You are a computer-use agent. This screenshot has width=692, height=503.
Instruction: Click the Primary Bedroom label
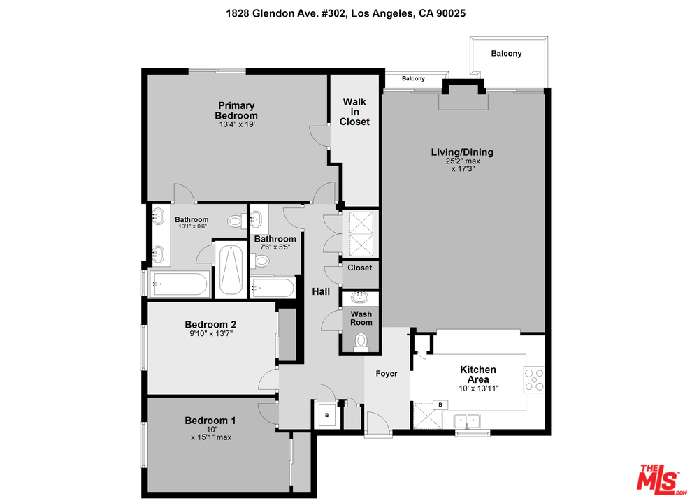236,111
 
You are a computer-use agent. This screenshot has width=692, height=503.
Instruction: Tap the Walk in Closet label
354,112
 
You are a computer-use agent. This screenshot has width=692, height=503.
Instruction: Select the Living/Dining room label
462,152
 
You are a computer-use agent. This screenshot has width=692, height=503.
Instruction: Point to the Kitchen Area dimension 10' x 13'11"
478,388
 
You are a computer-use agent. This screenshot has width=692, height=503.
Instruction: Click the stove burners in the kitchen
534,379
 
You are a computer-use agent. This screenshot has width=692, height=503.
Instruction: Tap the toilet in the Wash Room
361,342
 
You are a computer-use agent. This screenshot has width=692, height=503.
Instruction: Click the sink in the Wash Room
360,297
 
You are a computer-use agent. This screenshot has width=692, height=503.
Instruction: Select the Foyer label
386,374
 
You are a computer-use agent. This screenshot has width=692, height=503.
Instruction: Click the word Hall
321,291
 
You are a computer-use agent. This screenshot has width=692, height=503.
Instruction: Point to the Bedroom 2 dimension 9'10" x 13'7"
211,333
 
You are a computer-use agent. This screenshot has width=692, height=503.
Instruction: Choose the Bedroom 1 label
210,421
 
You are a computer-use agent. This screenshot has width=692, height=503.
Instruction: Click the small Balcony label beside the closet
413,78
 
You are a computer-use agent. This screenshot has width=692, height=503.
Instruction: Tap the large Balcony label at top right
506,53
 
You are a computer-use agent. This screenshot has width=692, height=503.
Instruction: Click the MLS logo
661,479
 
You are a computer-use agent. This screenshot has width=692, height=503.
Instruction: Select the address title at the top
345,13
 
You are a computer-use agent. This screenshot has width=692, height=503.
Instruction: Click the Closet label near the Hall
359,268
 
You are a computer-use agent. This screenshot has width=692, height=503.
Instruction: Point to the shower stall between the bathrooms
231,269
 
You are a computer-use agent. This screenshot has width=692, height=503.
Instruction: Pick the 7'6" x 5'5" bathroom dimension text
275,247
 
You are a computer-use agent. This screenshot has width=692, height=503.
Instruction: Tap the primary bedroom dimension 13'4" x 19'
237,124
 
